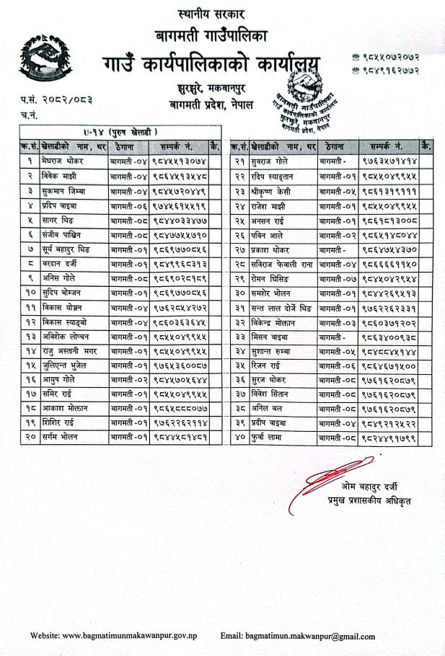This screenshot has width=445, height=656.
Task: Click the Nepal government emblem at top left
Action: tap(45, 59)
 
